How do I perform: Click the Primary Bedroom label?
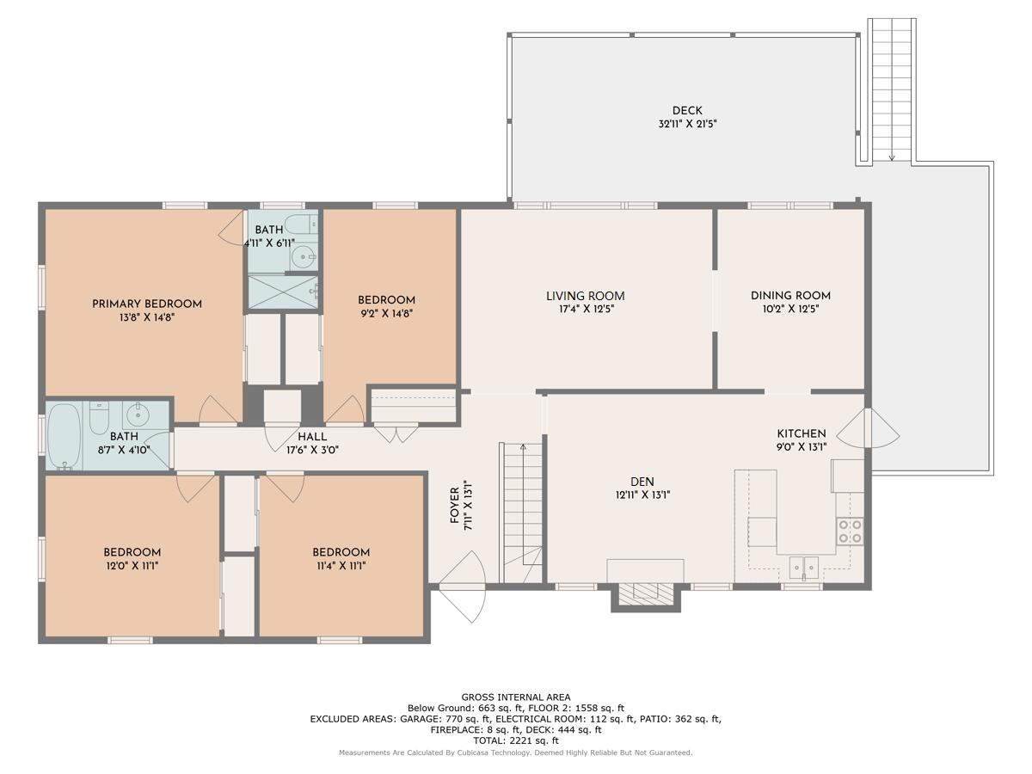point(147,304)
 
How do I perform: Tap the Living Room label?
point(585,296)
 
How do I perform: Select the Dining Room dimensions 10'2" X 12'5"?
point(790,309)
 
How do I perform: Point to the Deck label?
point(687,110)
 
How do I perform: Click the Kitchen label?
point(802,433)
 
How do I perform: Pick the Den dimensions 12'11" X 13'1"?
point(642,494)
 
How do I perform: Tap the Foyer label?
point(454,505)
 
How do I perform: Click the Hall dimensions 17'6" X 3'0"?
point(312,450)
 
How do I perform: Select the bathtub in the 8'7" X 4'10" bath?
point(64,436)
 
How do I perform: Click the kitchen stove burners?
point(850,531)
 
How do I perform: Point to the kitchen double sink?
point(803,568)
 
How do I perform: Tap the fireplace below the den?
point(646,594)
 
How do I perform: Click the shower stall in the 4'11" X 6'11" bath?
point(283,292)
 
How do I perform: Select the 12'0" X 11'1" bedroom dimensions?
point(132,566)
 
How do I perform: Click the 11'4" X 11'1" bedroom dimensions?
point(341,566)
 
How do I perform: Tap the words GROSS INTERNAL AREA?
point(516,697)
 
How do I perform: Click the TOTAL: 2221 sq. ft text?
point(516,740)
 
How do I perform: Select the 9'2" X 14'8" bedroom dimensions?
point(386,313)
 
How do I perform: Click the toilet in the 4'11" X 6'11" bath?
point(301,224)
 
